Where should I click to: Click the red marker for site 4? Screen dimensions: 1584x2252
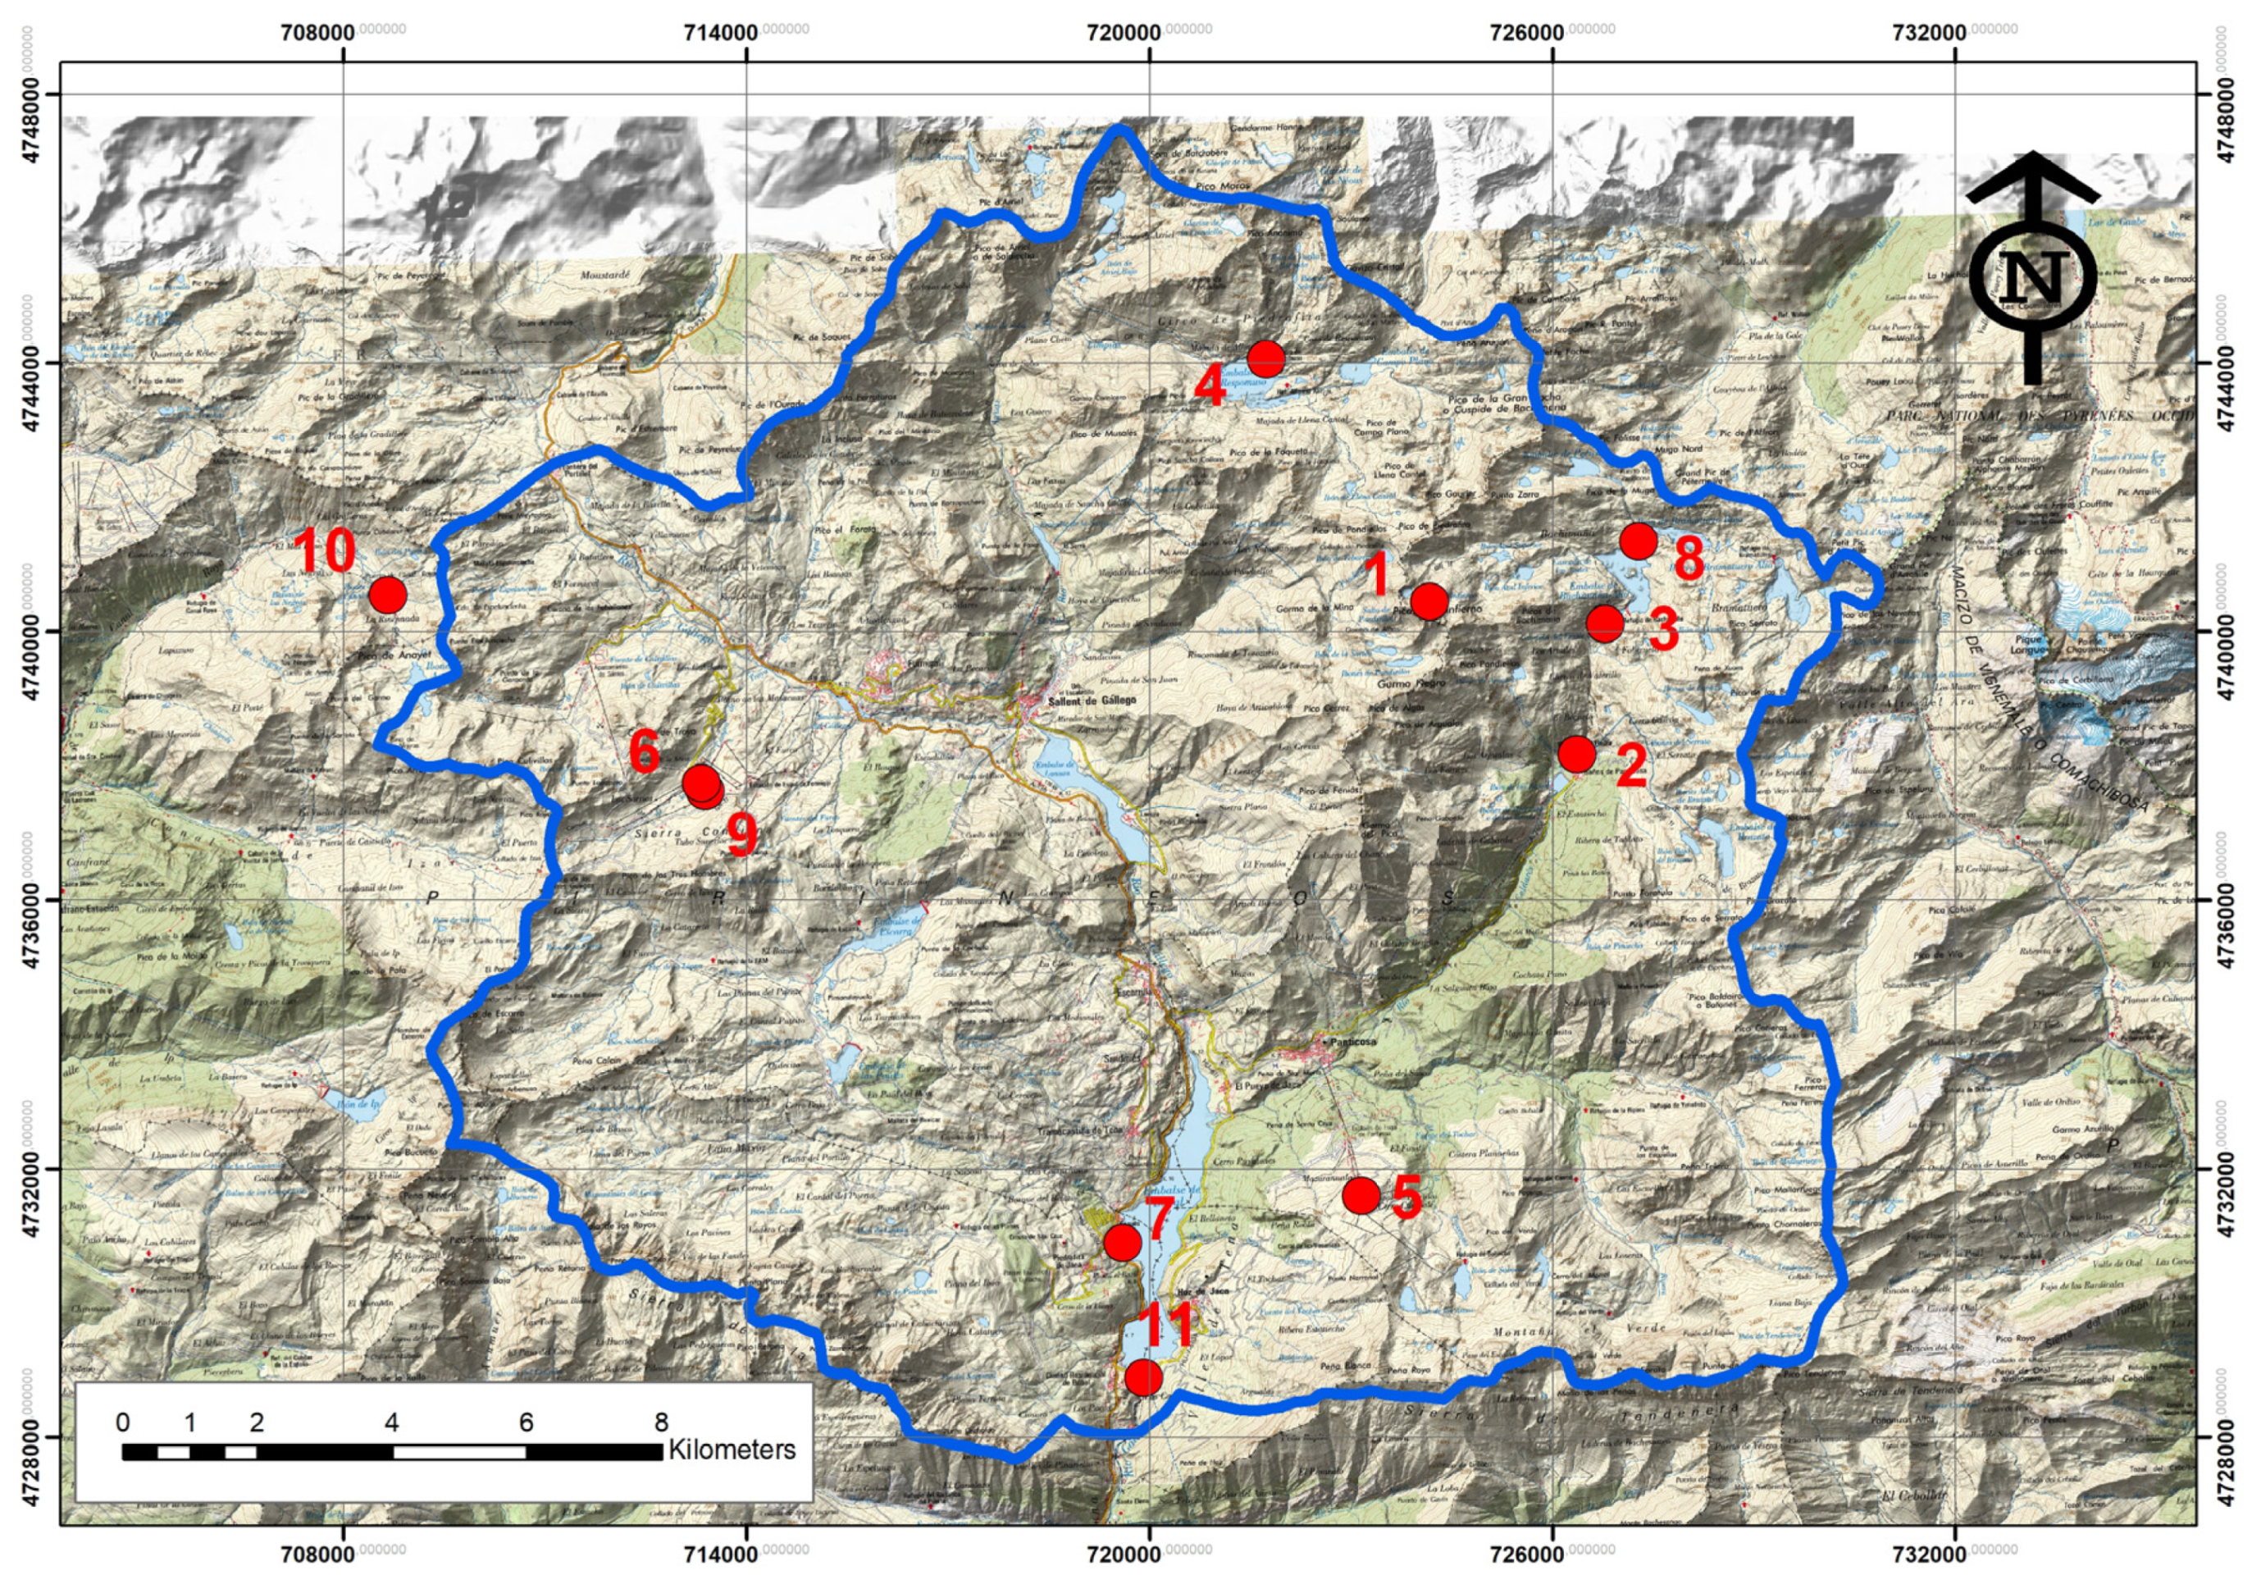[x=1265, y=359]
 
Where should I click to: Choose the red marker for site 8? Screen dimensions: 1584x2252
[x=1638, y=541]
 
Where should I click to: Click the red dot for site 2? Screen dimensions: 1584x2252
[x=1576, y=753]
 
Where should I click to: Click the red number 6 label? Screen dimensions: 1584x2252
[x=644, y=752]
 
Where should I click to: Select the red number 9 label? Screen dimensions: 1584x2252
[x=742, y=836]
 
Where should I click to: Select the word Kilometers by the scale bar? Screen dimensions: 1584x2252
[x=732, y=1449]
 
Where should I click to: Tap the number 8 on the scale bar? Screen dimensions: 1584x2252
[x=661, y=1422]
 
